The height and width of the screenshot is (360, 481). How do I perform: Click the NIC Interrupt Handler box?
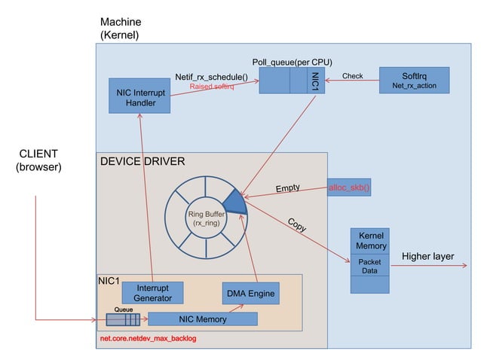(139, 96)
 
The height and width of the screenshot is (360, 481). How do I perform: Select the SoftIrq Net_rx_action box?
(414, 81)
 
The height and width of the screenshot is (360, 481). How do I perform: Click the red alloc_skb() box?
(349, 187)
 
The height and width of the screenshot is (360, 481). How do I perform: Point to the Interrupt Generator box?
(152, 293)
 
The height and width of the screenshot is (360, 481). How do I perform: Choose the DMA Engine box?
(250, 294)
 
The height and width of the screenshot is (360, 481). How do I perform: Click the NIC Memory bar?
(202, 319)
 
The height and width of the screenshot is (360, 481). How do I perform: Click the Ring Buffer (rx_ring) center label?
(206, 219)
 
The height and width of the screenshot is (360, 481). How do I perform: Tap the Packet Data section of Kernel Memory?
(370, 267)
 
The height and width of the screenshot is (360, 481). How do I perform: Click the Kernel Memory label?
(370, 241)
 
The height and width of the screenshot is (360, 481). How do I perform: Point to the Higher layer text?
(427, 257)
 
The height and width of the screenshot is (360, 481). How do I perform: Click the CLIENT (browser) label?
(38, 160)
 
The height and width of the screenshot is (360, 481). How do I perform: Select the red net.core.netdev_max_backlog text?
(148, 340)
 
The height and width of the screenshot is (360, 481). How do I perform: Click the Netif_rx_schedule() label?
(211, 76)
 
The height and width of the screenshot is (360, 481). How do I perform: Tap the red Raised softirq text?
(211, 87)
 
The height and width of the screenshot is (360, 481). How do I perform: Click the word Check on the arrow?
(352, 76)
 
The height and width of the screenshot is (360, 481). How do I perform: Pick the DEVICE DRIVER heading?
(142, 161)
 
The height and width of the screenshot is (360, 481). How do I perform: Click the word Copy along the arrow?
(296, 224)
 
